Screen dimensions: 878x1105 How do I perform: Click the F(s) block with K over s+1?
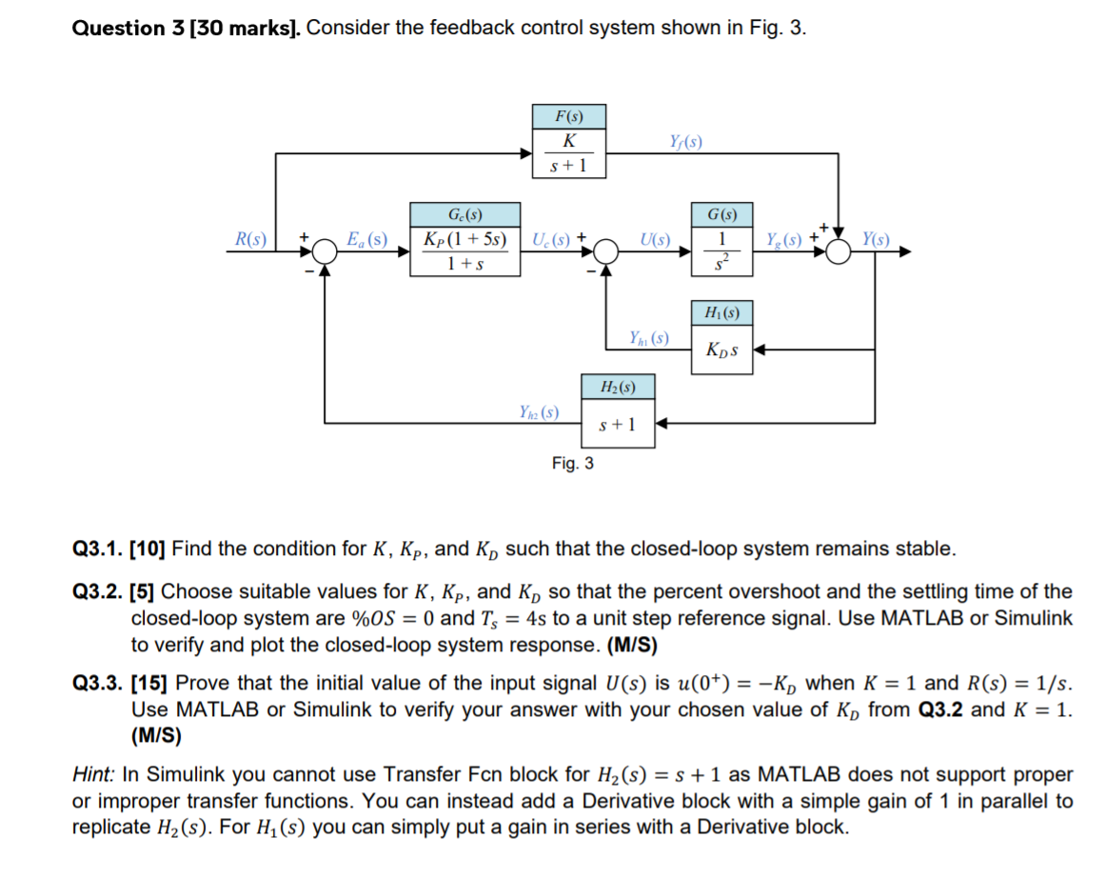coord(569,141)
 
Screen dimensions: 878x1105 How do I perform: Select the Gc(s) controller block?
coord(465,239)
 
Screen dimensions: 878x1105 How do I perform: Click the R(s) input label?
coord(252,238)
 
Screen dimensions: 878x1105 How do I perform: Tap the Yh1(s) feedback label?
coord(649,338)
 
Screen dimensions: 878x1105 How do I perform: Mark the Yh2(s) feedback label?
coord(539,412)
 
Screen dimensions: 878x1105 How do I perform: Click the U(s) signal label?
coord(656,238)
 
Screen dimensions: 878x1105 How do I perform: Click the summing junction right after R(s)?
coord(326,252)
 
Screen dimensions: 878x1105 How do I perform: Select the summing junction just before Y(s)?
coord(839,252)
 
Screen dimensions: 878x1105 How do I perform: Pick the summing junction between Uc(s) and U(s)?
coord(606,252)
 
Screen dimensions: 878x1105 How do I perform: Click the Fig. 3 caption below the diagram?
coord(573,464)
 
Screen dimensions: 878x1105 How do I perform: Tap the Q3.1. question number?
coord(98,549)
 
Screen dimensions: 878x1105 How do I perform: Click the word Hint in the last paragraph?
coord(93,775)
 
